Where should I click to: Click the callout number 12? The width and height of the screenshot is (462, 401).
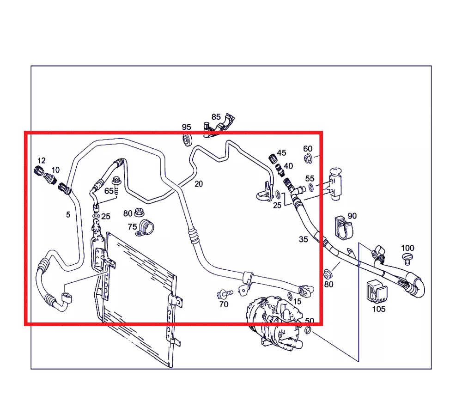click(42, 161)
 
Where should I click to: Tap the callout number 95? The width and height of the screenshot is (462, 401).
click(186, 127)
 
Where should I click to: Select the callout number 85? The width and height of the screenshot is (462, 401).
click(216, 117)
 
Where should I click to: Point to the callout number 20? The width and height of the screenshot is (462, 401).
click(199, 184)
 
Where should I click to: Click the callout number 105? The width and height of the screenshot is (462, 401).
click(379, 309)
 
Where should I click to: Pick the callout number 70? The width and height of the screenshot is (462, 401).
click(224, 304)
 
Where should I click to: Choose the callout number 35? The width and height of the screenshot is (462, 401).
click(303, 239)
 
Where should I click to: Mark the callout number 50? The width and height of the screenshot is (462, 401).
click(310, 321)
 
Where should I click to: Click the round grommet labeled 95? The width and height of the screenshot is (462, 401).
click(187, 140)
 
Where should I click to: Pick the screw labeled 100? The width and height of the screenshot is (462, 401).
click(407, 258)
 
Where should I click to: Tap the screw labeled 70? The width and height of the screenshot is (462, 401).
click(225, 293)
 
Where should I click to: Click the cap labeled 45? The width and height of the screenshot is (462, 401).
click(273, 159)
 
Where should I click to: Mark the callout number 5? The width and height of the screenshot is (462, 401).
click(68, 215)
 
